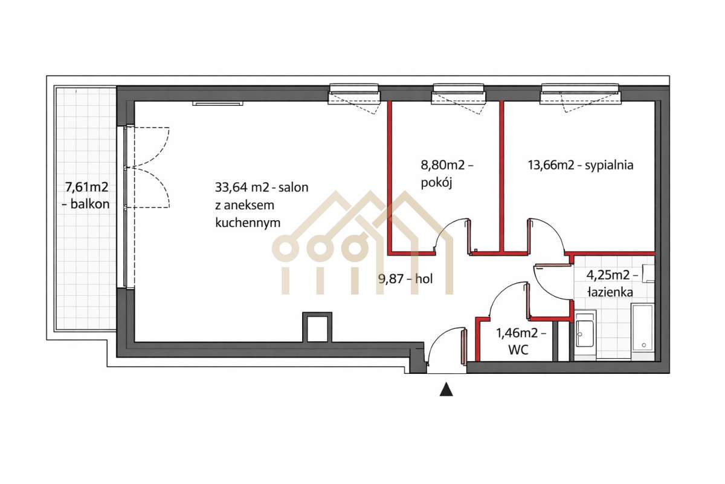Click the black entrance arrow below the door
pyautogui.click(x=446, y=390)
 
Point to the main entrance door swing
pyautogui.click(x=445, y=346)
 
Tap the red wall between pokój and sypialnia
pyautogui.click(x=501, y=175)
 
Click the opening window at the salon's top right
pyautogui.click(x=354, y=94)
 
